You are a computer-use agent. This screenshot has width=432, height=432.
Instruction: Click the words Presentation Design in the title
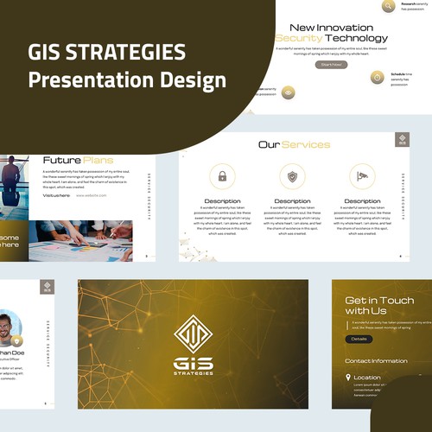pyautogui.click(x=126, y=80)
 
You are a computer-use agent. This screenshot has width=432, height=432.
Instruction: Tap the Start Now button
pyautogui.click(x=332, y=64)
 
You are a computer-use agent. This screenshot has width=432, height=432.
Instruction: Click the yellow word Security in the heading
pyautogui.click(x=299, y=38)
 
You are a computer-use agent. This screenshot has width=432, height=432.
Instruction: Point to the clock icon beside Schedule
pyautogui.click(x=377, y=77)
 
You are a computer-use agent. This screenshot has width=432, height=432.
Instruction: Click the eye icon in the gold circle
pyautogui.click(x=288, y=92)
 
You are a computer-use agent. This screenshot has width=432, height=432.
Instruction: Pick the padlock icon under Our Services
pyautogui.click(x=222, y=177)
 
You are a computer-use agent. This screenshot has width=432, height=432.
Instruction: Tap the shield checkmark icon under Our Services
pyautogui.click(x=292, y=177)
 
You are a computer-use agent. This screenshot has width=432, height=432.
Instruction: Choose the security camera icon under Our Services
pyautogui.click(x=362, y=177)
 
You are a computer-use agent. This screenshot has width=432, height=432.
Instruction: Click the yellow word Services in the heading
pyautogui.click(x=306, y=144)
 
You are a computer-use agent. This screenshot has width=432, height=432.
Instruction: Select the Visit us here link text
pyautogui.click(x=56, y=195)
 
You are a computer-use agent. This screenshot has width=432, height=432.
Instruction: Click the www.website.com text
pyautogui.click(x=91, y=195)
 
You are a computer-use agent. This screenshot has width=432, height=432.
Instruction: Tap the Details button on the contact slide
pyautogui.click(x=359, y=339)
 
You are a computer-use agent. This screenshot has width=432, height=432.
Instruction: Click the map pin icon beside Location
pyautogui.click(x=348, y=378)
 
